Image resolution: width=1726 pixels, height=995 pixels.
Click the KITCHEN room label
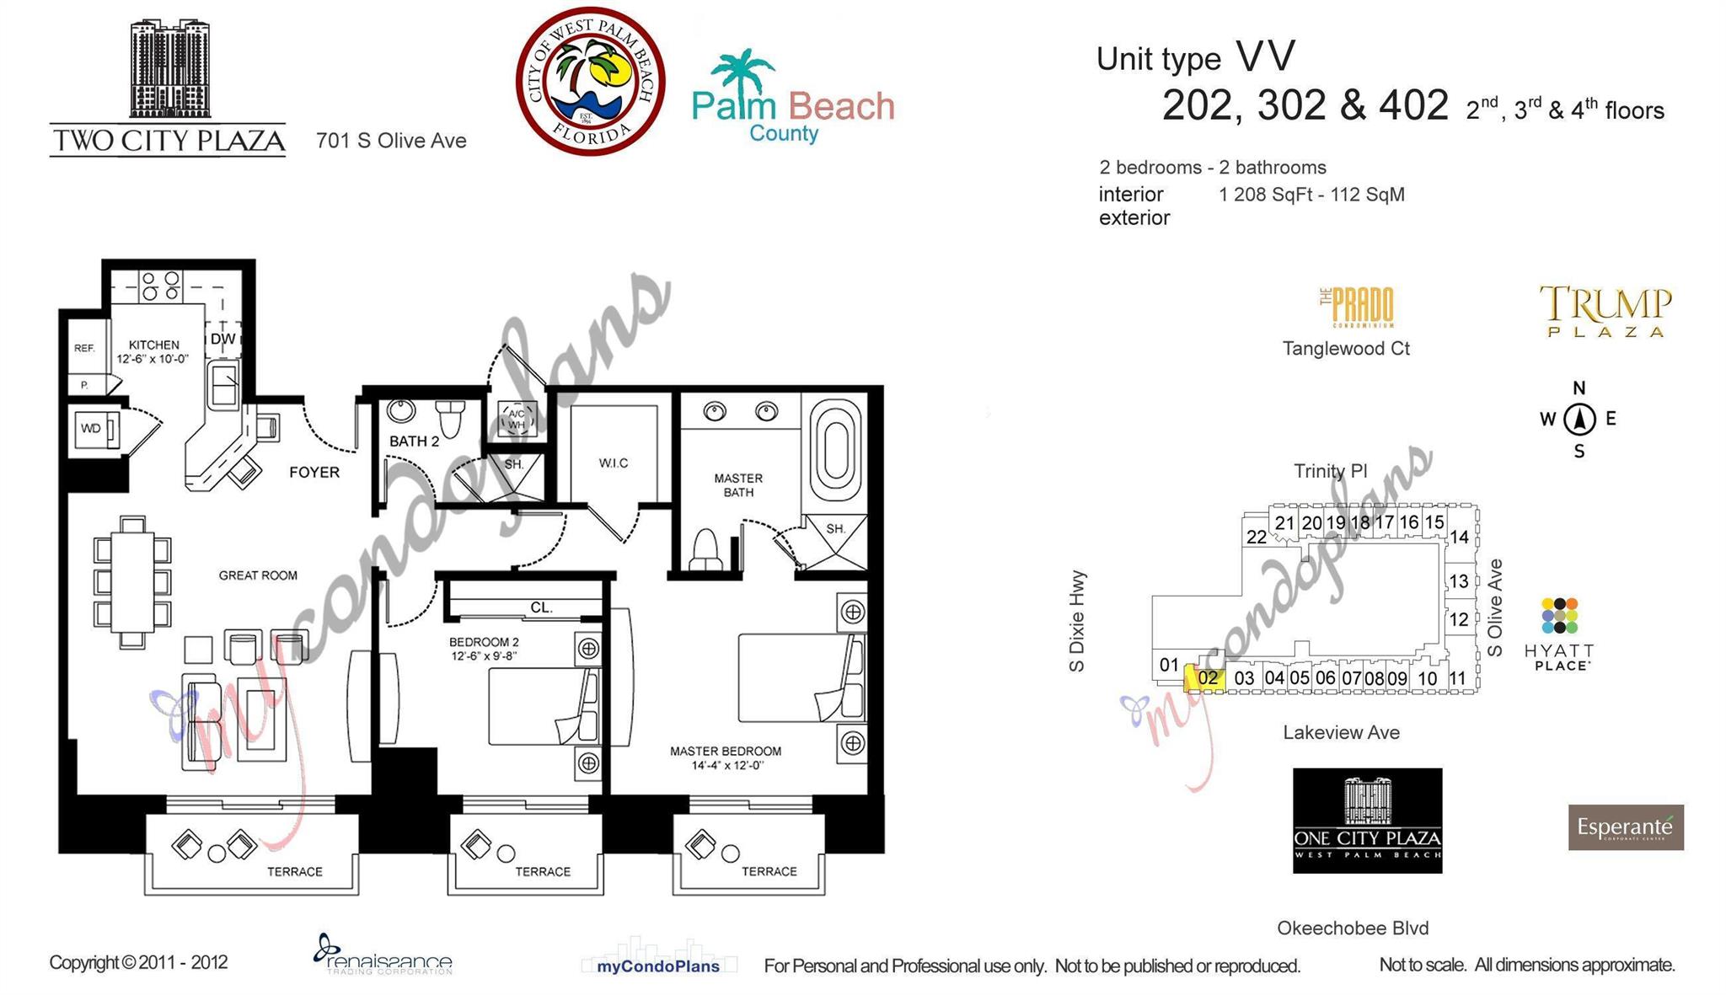click(x=153, y=345)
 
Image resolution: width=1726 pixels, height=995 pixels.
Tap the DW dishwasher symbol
click(x=222, y=339)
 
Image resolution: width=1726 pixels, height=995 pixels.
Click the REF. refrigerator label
click(x=84, y=348)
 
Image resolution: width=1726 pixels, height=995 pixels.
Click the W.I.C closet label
click(x=613, y=463)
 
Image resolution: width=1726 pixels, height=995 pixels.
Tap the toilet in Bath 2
click(x=452, y=417)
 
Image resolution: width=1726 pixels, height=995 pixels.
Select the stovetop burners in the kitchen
click(x=160, y=286)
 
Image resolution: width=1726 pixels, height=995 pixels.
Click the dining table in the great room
click(x=132, y=581)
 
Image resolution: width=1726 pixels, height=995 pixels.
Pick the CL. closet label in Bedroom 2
click(x=541, y=607)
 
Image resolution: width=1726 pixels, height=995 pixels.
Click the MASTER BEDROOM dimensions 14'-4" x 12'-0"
click(x=726, y=766)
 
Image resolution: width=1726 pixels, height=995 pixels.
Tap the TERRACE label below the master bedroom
click(x=769, y=871)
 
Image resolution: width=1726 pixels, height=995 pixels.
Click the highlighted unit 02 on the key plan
click(x=1206, y=678)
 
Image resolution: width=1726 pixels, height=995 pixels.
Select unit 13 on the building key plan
click(x=1459, y=580)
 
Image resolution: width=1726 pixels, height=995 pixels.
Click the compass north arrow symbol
click(x=1579, y=419)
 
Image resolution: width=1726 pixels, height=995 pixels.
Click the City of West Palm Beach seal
click(x=590, y=81)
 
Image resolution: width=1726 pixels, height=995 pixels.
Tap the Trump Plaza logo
click(x=1605, y=311)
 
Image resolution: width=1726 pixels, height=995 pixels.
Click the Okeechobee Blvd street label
click(x=1353, y=928)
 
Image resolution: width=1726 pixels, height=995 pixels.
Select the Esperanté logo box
click(x=1625, y=827)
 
